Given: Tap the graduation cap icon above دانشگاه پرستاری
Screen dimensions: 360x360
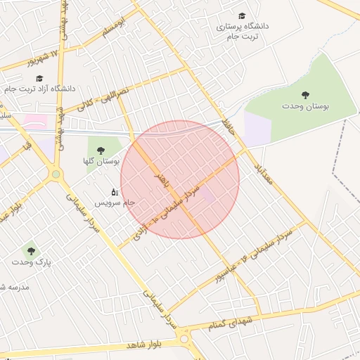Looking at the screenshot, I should coord(242,15).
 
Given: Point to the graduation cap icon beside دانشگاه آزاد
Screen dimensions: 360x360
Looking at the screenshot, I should coord(39,77).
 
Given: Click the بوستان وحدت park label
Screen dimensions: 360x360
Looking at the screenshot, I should coord(306,105).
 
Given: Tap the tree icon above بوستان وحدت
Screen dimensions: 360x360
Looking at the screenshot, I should coord(305,94).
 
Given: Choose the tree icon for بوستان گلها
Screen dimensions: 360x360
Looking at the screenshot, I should coord(101,150).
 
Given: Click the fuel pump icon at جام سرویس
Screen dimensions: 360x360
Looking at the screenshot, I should coord(115,191).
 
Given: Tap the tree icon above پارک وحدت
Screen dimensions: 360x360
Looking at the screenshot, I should coord(30,250).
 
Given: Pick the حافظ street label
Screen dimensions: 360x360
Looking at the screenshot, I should coord(227,126).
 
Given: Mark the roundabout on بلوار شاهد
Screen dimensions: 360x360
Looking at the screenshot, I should coord(185,339).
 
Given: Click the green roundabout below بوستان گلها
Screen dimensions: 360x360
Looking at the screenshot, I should coord(56,174).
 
